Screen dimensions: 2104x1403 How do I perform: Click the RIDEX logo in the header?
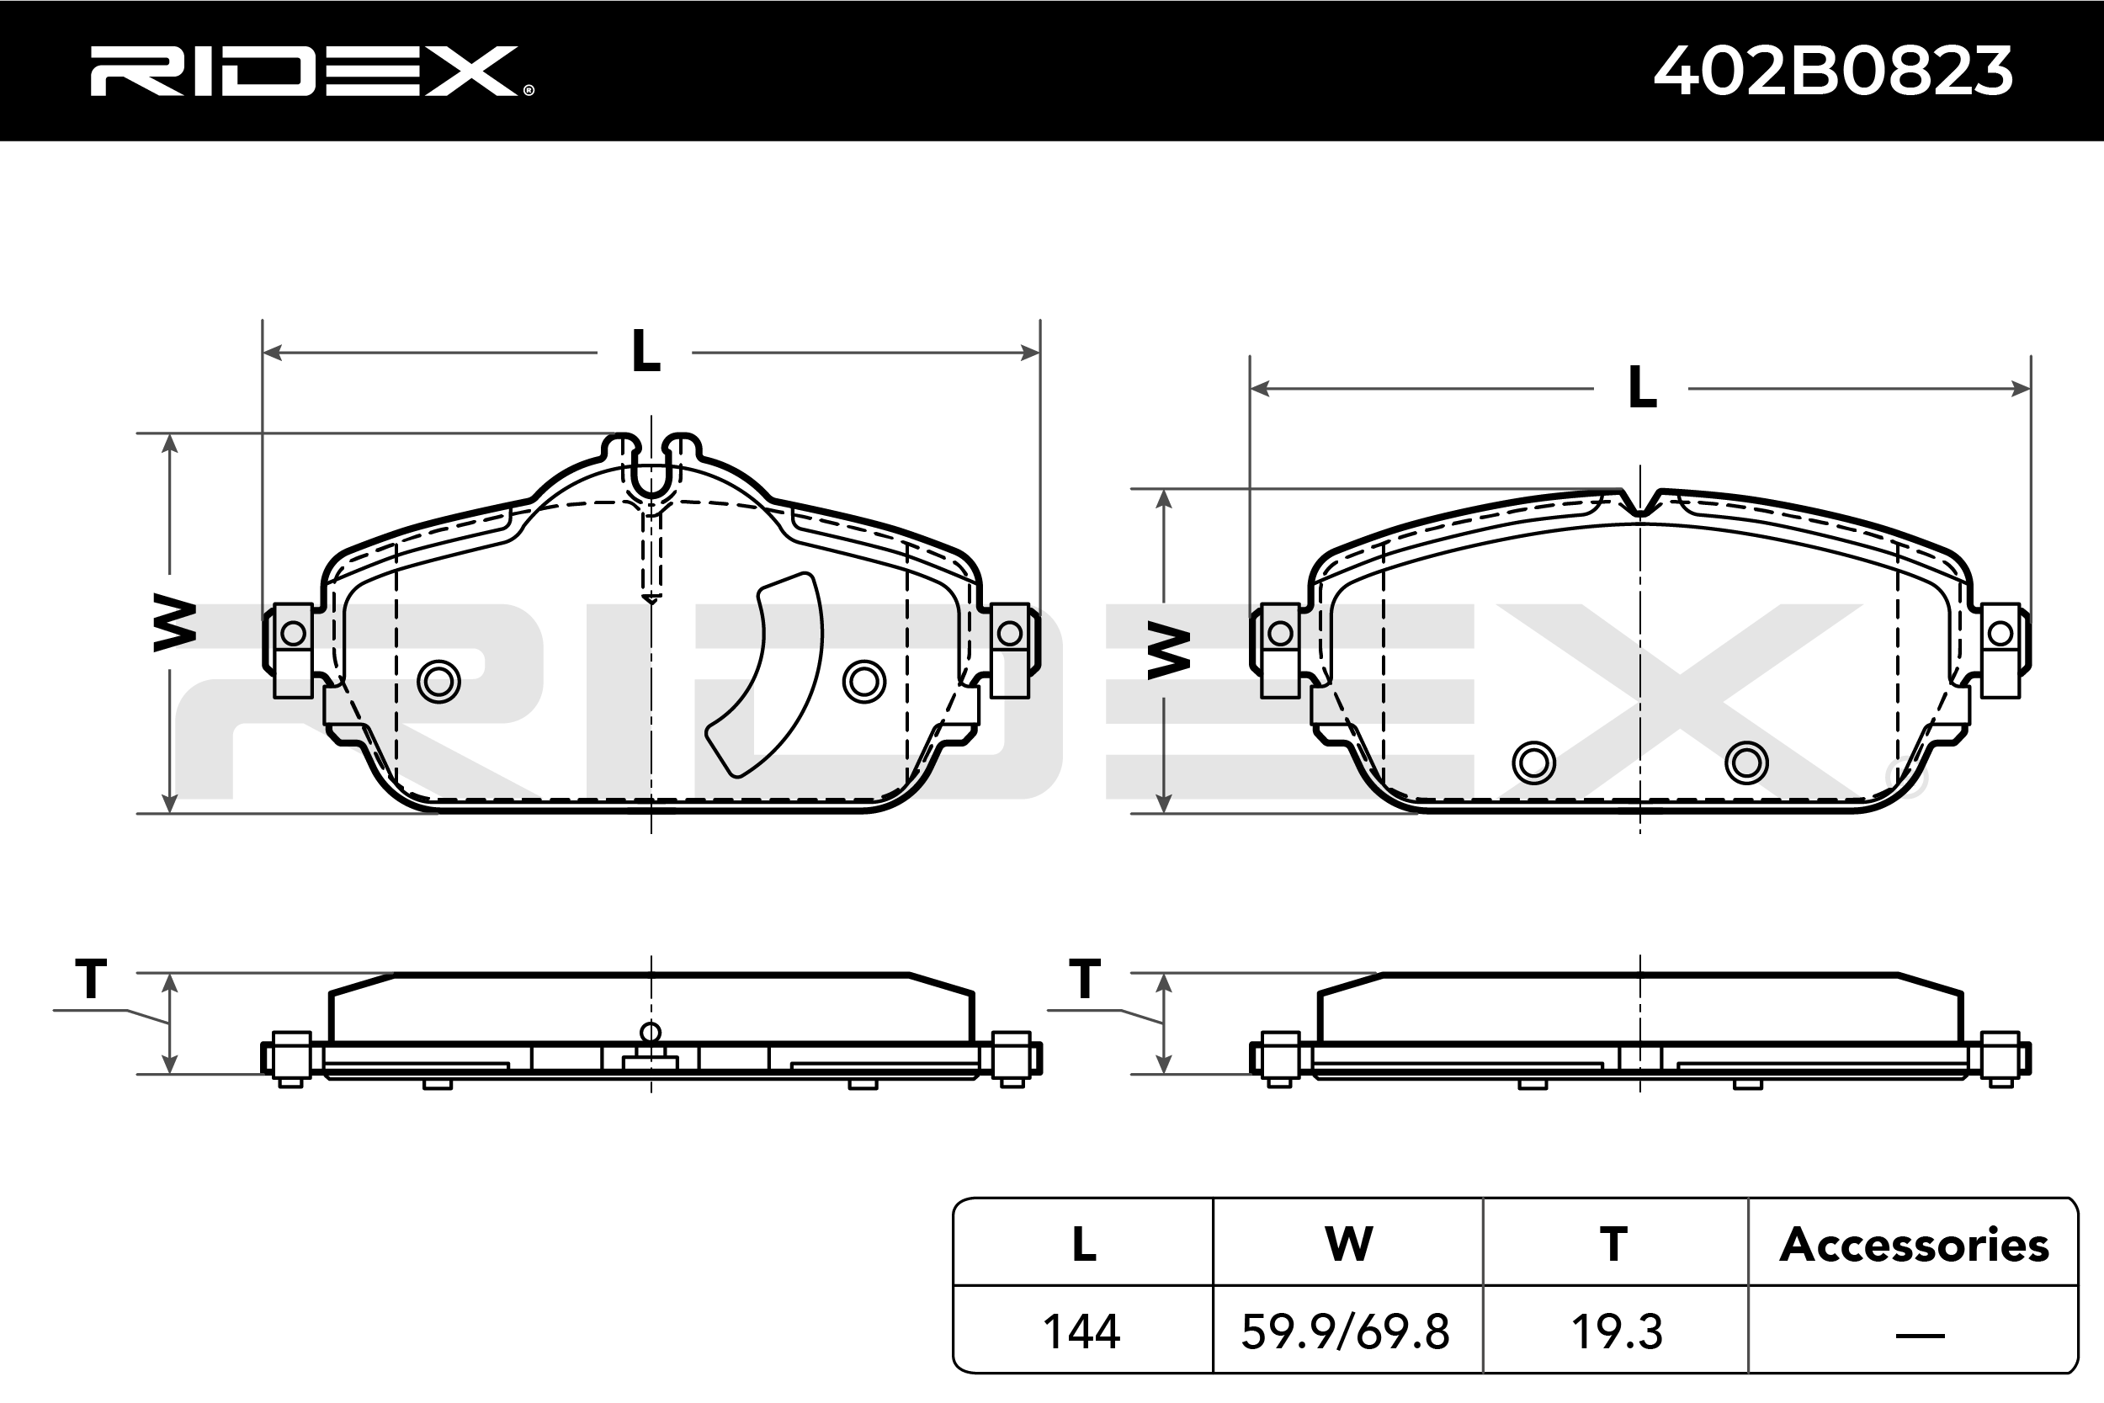pos(311,71)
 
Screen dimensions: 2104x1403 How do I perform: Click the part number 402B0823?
pos(1833,71)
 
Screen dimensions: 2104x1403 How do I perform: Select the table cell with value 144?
pos(1081,1331)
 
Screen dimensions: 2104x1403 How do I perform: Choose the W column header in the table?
pos(1348,1244)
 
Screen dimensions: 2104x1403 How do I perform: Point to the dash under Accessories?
pos(1920,1336)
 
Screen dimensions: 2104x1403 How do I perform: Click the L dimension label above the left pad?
pos(646,351)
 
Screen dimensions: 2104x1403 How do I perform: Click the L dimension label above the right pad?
pos(1643,387)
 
